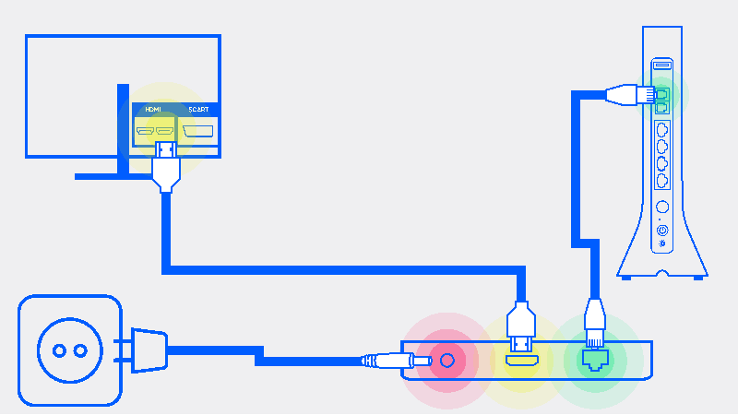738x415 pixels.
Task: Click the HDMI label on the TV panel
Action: pos(153,109)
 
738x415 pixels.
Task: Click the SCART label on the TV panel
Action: pos(198,109)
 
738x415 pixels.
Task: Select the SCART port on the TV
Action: pos(197,131)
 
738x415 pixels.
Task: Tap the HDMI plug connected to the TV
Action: pos(166,167)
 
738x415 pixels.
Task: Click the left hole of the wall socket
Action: pos(59,350)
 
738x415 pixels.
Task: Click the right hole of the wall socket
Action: pos(80,350)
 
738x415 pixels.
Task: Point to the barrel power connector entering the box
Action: pos(397,361)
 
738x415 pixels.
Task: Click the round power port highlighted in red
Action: pos(447,361)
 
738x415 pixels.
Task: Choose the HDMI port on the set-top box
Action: pos(521,361)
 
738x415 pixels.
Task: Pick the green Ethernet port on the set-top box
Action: pos(595,361)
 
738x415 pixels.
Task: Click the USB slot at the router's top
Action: pos(662,65)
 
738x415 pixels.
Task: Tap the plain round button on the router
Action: pos(662,207)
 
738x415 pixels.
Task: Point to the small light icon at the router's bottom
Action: pos(662,243)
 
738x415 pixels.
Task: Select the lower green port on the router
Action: pos(661,107)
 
